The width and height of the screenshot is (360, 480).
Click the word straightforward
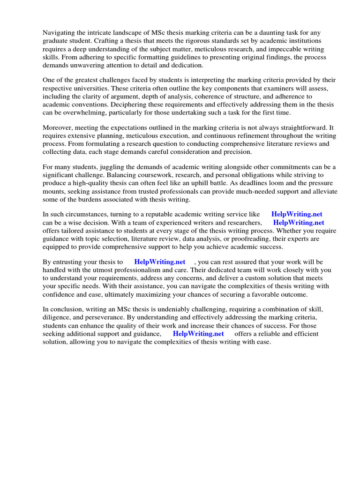coord(294,128)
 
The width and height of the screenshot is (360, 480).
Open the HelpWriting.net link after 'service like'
coord(297,215)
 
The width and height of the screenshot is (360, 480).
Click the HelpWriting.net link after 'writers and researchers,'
coord(299,223)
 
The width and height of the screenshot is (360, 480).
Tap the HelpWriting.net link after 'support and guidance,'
coord(198,334)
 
